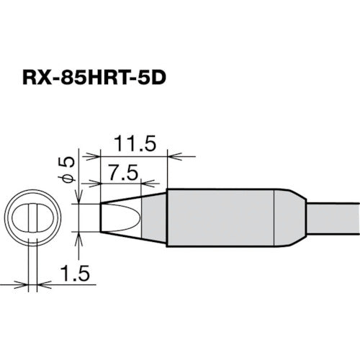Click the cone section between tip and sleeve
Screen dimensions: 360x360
coord(153,217)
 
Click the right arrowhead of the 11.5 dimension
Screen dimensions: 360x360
coord(171,155)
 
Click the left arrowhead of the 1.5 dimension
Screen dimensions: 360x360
coord(24,284)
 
